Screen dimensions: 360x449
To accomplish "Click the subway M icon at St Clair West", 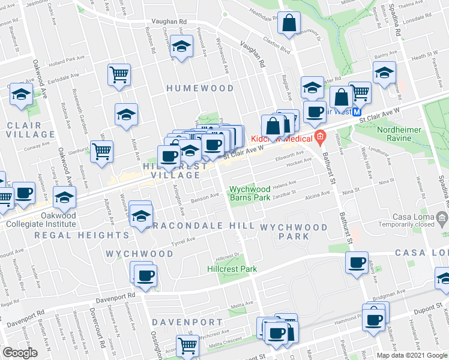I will point(357,112).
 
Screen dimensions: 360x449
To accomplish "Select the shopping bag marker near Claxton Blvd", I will point(289,24).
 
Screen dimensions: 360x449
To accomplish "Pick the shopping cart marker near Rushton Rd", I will point(119,74).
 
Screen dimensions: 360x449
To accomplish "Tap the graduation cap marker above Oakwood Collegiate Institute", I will point(65,196).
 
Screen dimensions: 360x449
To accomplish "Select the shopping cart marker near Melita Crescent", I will point(188,346).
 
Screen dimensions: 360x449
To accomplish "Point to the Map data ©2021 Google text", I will point(411,355).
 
